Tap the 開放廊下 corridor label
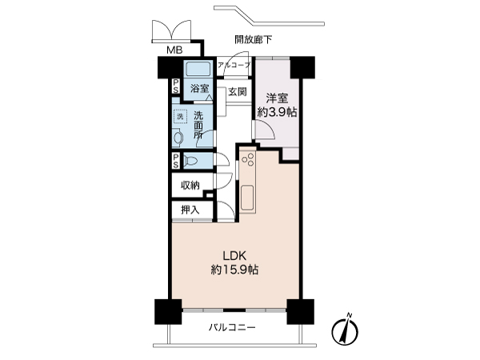[254, 38]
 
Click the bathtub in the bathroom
[198, 69]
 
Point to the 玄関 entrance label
[237, 92]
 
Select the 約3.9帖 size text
[277, 113]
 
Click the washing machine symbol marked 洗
[181, 117]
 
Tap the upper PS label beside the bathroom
[174, 86]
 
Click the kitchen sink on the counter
[246, 196]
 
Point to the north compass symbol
[346, 329]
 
